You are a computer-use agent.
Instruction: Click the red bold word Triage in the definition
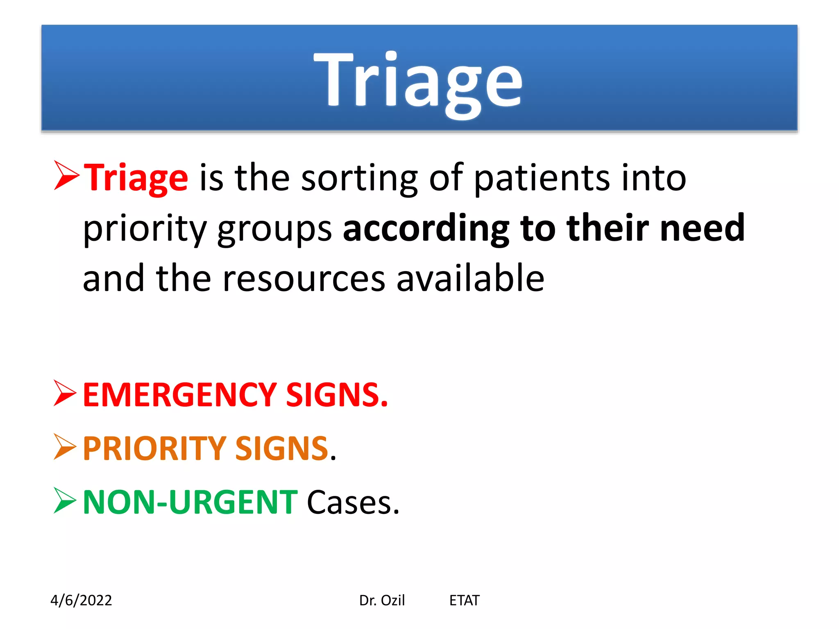pos(136,179)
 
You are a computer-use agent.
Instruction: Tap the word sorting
pos(359,179)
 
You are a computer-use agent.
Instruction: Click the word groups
pos(274,229)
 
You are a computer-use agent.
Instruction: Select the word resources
pos(304,279)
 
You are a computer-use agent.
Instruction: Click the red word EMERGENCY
pos(180,395)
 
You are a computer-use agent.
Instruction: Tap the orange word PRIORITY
pos(154,448)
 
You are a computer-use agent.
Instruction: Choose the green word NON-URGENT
pos(190,502)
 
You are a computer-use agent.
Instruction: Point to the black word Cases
pos(352,502)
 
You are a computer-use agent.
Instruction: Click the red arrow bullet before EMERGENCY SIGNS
pos(65,393)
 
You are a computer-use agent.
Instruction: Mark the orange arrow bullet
pos(65,447)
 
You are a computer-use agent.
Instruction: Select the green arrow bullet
pos(65,500)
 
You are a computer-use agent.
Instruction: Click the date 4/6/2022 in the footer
pos(81,600)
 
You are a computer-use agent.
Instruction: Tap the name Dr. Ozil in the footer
pos(382,600)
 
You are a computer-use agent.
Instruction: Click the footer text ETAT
pos(464,600)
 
